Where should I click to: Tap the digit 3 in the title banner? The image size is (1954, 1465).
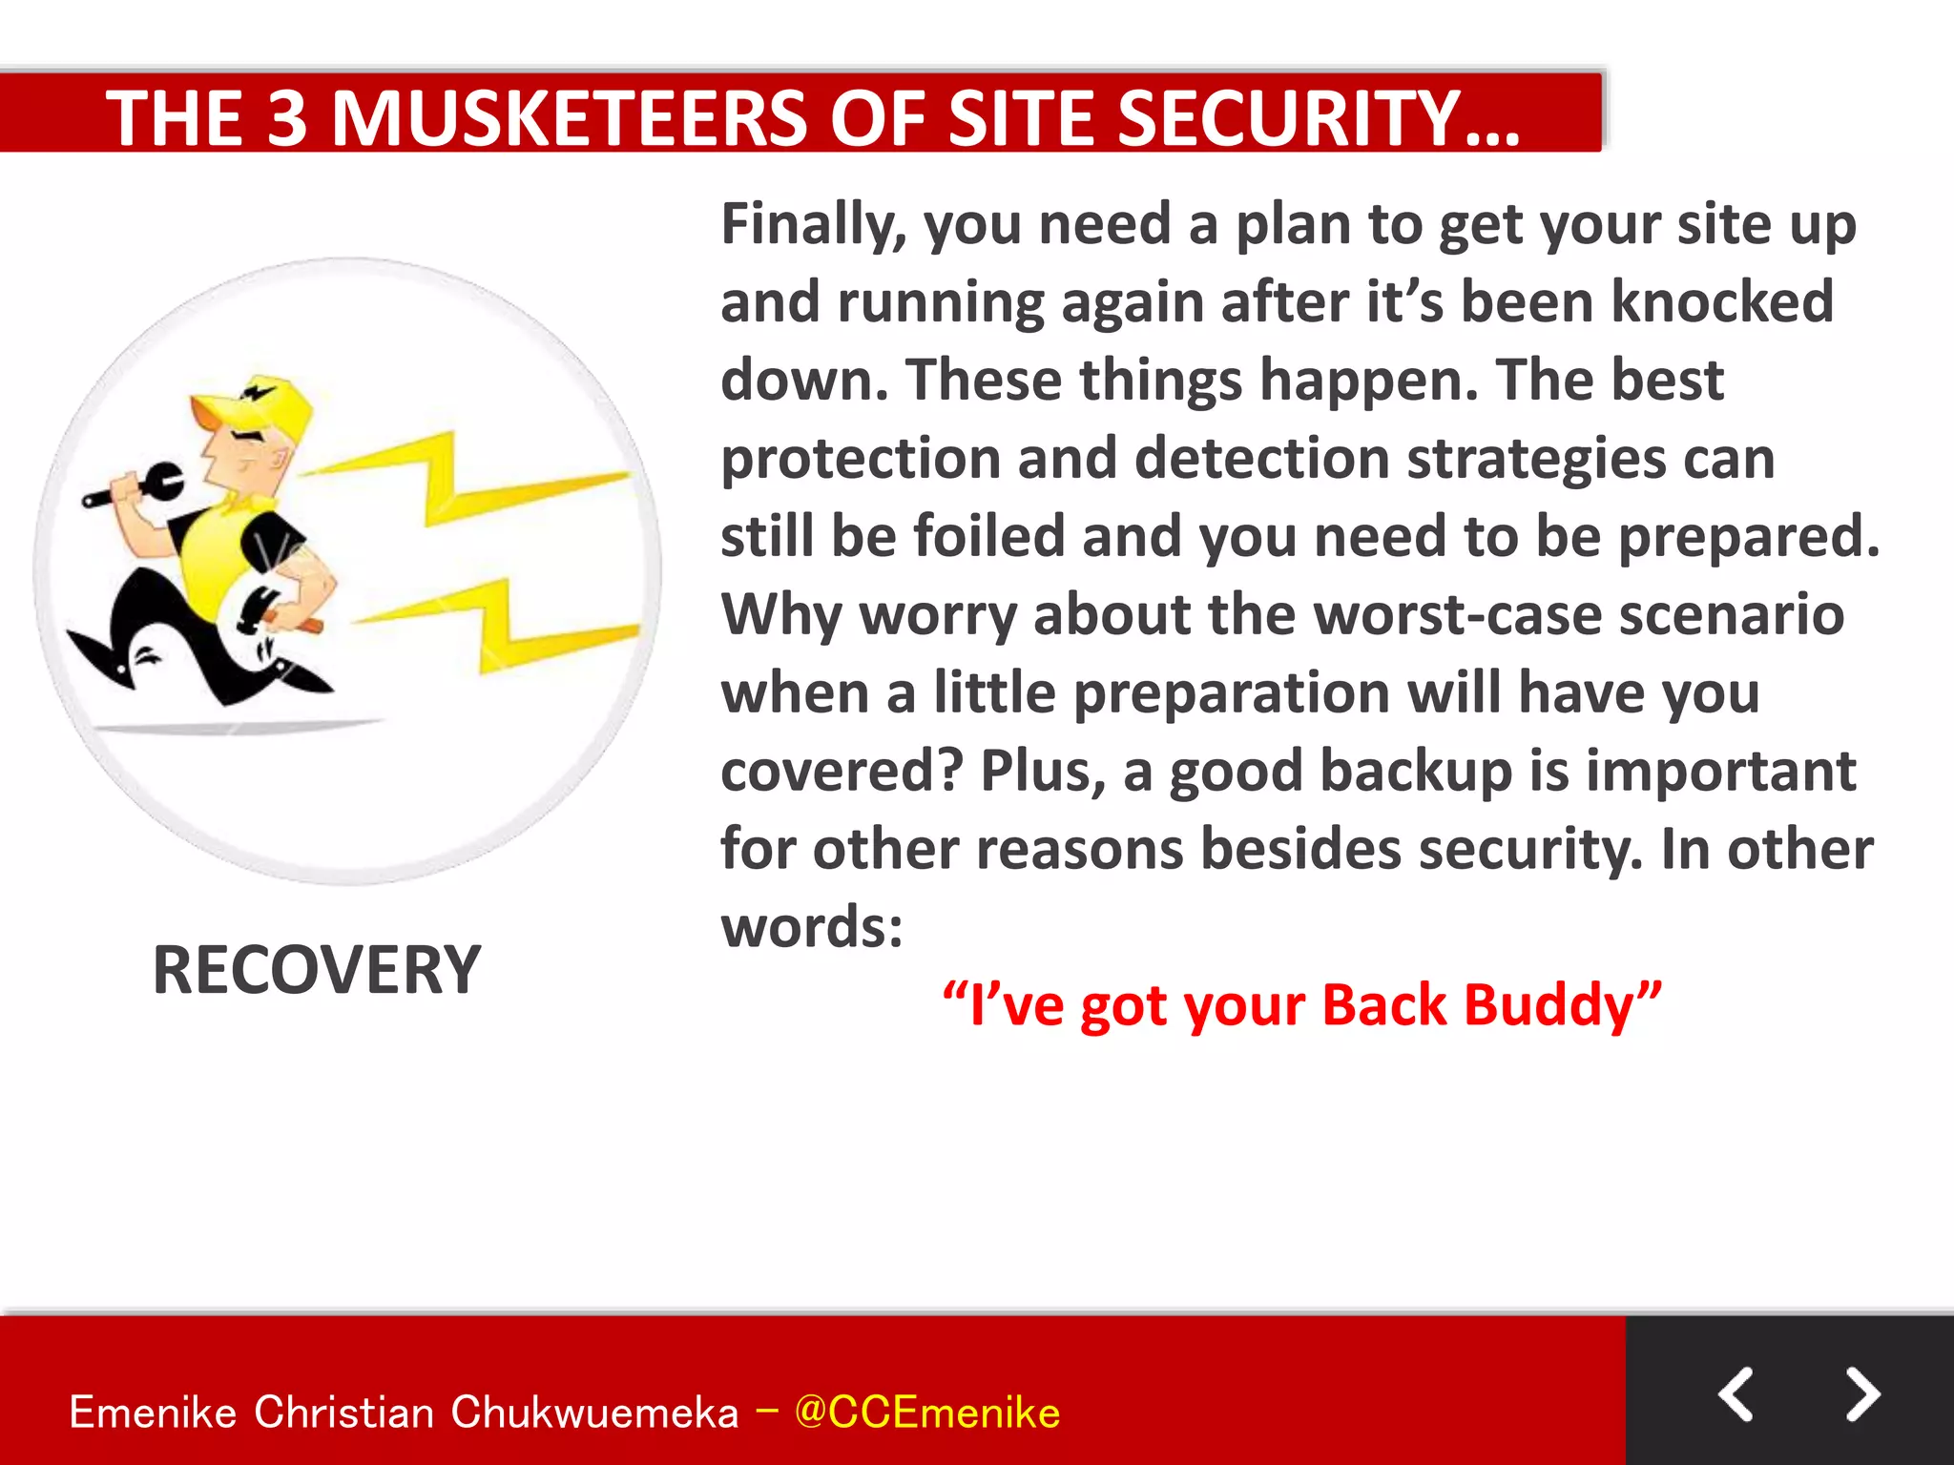(x=286, y=118)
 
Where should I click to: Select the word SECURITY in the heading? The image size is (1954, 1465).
(x=1288, y=118)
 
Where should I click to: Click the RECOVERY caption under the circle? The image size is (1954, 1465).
(x=316, y=970)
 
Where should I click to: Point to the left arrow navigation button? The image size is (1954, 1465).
(x=1736, y=1394)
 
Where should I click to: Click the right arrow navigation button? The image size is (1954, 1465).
(x=1861, y=1394)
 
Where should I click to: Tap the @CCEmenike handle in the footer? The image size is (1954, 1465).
(x=926, y=1413)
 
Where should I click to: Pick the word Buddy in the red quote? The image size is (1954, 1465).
(x=1561, y=1005)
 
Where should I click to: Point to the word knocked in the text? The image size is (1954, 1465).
(x=1722, y=302)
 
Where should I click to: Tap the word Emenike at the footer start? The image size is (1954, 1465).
(x=153, y=1413)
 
